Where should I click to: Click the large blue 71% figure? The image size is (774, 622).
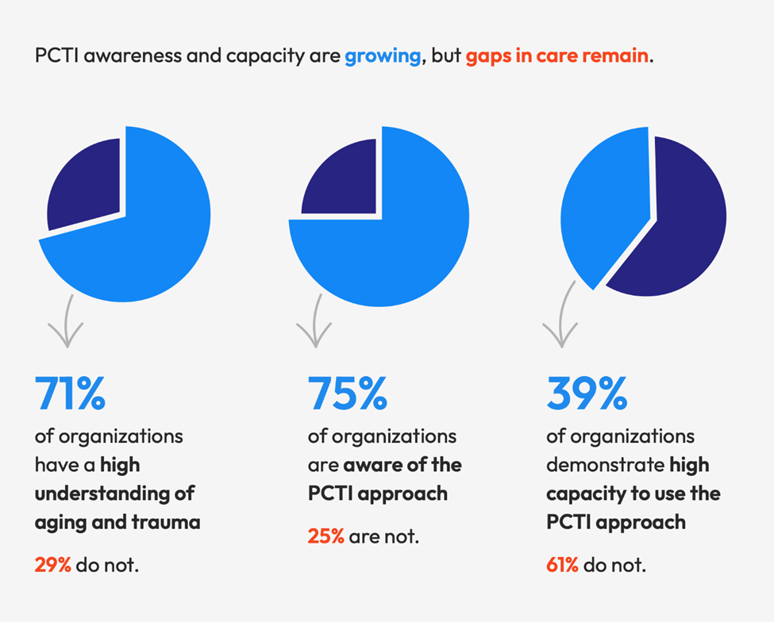(x=70, y=394)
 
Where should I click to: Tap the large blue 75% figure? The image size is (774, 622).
(x=348, y=394)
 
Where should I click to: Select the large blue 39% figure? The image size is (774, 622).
(x=587, y=394)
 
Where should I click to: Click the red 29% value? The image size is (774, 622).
(x=52, y=565)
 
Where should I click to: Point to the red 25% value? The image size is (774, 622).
(x=325, y=536)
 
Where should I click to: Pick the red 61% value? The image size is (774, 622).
(x=563, y=565)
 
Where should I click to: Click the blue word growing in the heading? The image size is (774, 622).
(x=383, y=58)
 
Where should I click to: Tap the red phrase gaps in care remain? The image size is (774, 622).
(x=557, y=58)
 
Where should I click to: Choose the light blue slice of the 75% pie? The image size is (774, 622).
(x=397, y=246)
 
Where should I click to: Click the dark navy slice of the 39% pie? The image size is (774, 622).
(x=675, y=230)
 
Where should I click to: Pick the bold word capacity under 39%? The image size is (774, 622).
(x=581, y=493)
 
